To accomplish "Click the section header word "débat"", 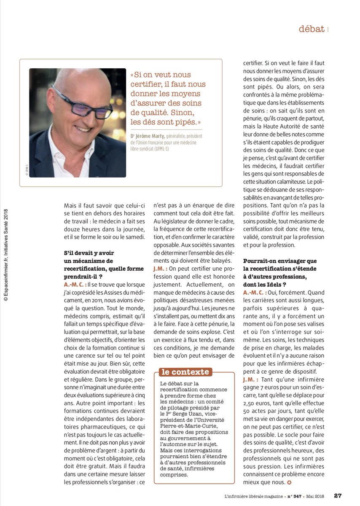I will (311, 29).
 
